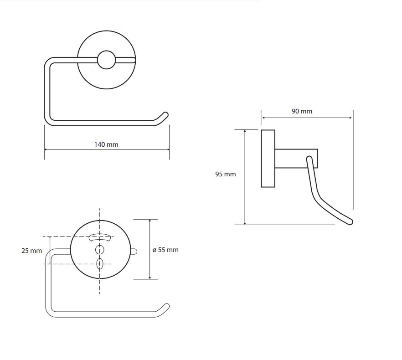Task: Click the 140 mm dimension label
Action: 106,144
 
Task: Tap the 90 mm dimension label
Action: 302,111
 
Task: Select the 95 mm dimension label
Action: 225,174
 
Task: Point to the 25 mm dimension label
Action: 31,251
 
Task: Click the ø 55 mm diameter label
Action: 165,250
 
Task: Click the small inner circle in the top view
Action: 106,60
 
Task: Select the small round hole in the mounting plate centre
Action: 99,249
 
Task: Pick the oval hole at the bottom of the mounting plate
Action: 99,264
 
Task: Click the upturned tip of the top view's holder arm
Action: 165,115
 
